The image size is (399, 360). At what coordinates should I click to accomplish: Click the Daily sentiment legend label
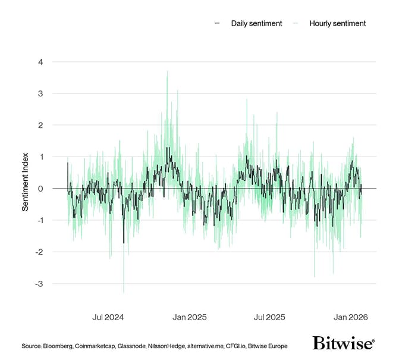(257, 23)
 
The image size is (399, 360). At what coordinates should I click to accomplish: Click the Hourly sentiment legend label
(337, 23)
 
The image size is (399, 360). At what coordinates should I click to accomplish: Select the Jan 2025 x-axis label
(188, 317)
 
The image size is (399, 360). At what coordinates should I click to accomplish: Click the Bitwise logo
(343, 343)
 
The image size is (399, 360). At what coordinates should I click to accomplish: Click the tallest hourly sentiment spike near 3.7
(167, 72)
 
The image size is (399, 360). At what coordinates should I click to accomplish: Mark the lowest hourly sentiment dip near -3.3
(124, 292)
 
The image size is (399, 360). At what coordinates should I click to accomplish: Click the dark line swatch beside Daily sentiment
(217, 23)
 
